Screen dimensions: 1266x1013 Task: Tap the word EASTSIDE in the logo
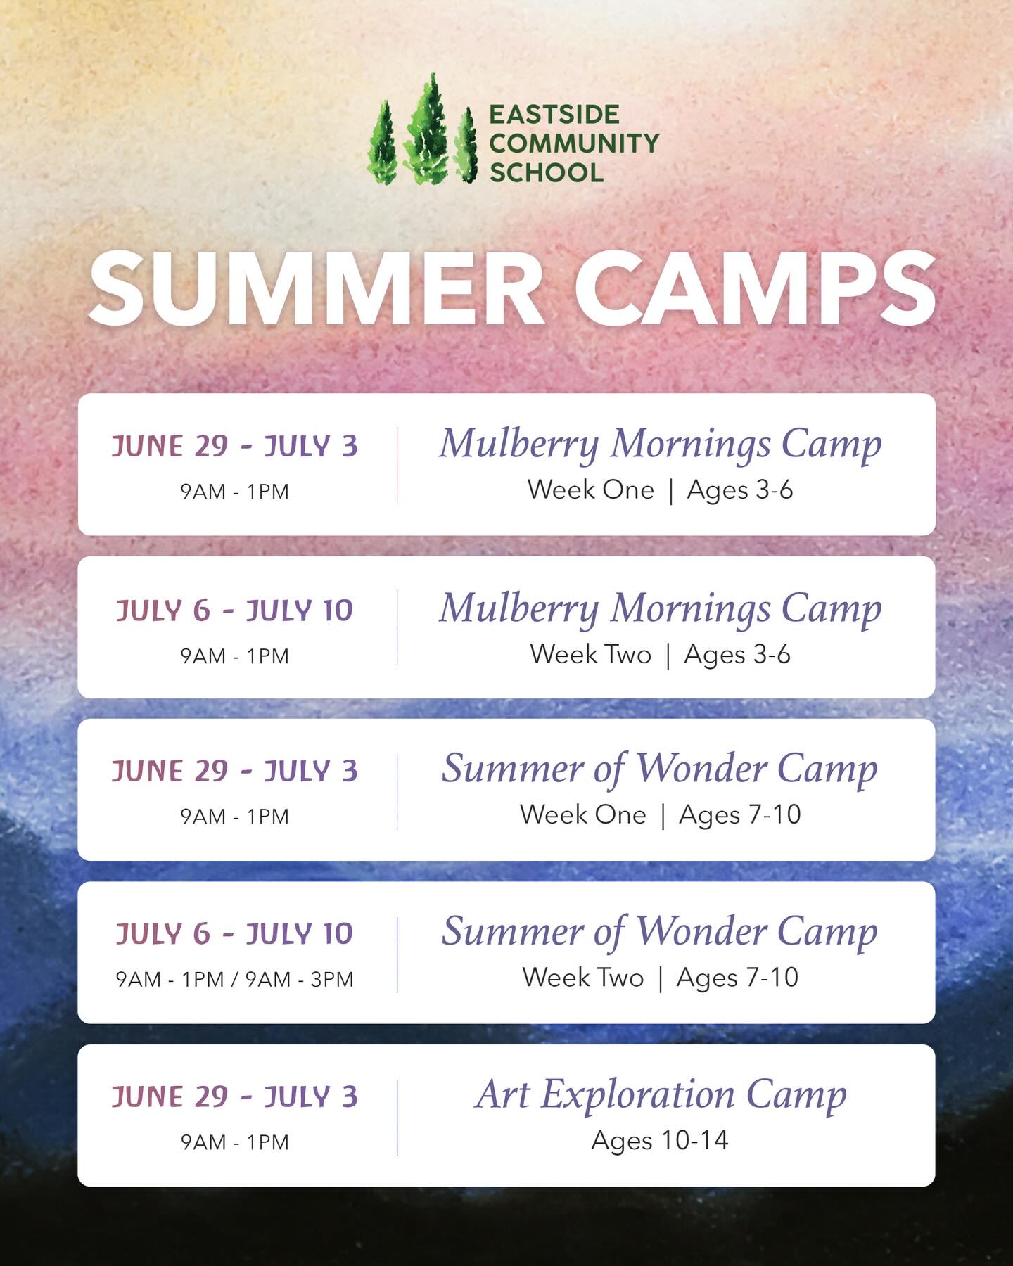point(554,115)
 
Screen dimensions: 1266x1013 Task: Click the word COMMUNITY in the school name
point(573,143)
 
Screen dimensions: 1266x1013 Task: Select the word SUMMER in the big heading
point(317,289)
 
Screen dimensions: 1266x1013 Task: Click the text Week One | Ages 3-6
point(660,490)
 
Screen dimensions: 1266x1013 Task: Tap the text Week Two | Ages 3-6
point(660,655)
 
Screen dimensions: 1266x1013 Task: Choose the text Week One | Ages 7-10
point(660,815)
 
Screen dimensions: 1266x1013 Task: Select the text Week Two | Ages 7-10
point(660,978)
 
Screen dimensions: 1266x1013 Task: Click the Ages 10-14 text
point(660,1140)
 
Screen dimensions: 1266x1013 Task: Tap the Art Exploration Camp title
point(661,1095)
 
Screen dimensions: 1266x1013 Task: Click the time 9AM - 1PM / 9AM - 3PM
point(234,979)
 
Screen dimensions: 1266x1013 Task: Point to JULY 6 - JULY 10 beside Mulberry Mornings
point(234,610)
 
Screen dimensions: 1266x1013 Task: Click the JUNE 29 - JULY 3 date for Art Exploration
point(234,1096)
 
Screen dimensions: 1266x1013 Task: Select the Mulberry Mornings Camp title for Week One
point(660,445)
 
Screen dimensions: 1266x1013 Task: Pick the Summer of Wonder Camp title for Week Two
point(660,932)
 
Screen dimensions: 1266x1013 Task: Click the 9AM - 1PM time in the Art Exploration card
point(234,1142)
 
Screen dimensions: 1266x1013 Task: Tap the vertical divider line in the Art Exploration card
point(397,1118)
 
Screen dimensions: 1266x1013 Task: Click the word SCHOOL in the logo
point(547,172)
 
